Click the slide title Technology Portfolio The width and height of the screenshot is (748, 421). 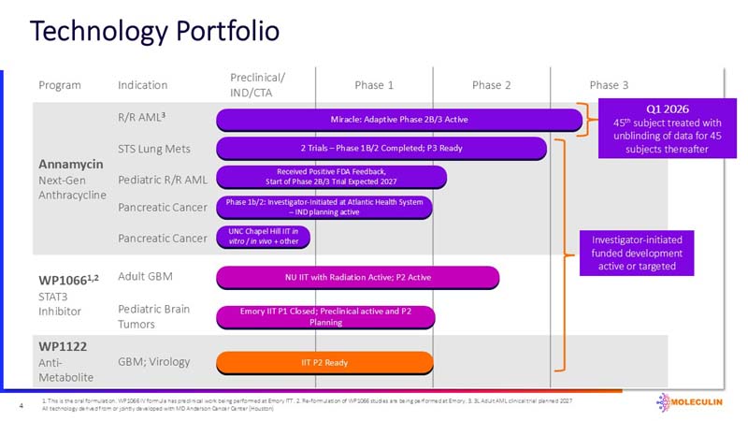(154, 31)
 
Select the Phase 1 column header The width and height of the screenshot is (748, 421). (374, 85)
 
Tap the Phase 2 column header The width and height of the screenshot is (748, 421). (492, 85)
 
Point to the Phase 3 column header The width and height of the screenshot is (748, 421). (609, 85)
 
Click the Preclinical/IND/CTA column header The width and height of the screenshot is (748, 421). (257, 85)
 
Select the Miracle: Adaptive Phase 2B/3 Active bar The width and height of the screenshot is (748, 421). (399, 120)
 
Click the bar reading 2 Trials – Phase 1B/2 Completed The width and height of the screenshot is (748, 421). (381, 148)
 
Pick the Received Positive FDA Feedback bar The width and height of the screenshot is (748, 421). (332, 177)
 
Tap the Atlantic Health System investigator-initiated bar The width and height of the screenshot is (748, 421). (324, 207)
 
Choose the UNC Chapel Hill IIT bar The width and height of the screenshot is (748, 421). (263, 238)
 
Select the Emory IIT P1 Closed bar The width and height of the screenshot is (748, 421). (324, 316)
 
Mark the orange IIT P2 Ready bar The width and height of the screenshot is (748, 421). (324, 362)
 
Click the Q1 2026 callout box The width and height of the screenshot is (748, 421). (659, 128)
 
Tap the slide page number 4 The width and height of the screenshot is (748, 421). (21, 405)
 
